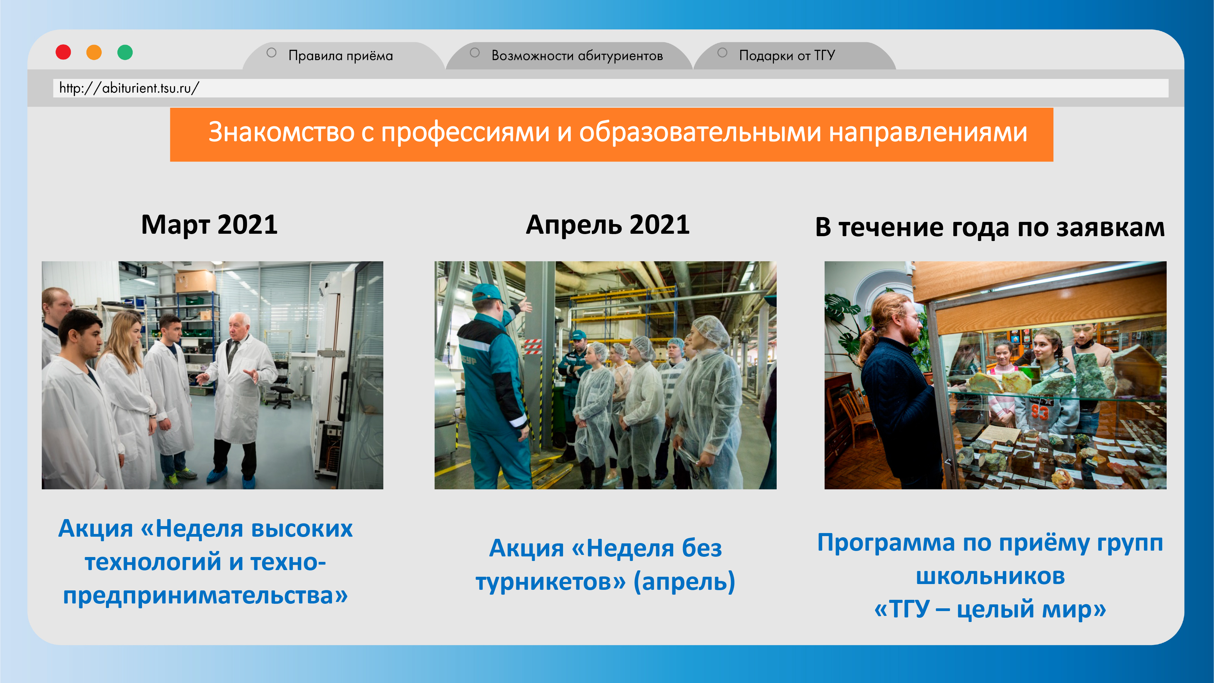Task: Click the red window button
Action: coord(63,52)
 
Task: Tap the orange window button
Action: coord(94,52)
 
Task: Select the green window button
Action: coord(125,52)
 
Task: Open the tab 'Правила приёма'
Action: coord(340,56)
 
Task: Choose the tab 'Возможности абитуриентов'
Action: coord(577,56)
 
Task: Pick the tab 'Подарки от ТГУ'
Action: coord(787,56)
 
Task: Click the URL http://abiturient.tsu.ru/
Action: coord(129,88)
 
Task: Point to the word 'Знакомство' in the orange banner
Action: coord(281,132)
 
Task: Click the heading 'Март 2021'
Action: coord(209,225)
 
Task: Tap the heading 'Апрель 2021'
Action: coord(608,225)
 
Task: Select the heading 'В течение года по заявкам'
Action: coord(990,227)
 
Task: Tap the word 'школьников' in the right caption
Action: coord(990,576)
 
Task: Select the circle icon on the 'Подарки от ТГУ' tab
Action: coord(722,53)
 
